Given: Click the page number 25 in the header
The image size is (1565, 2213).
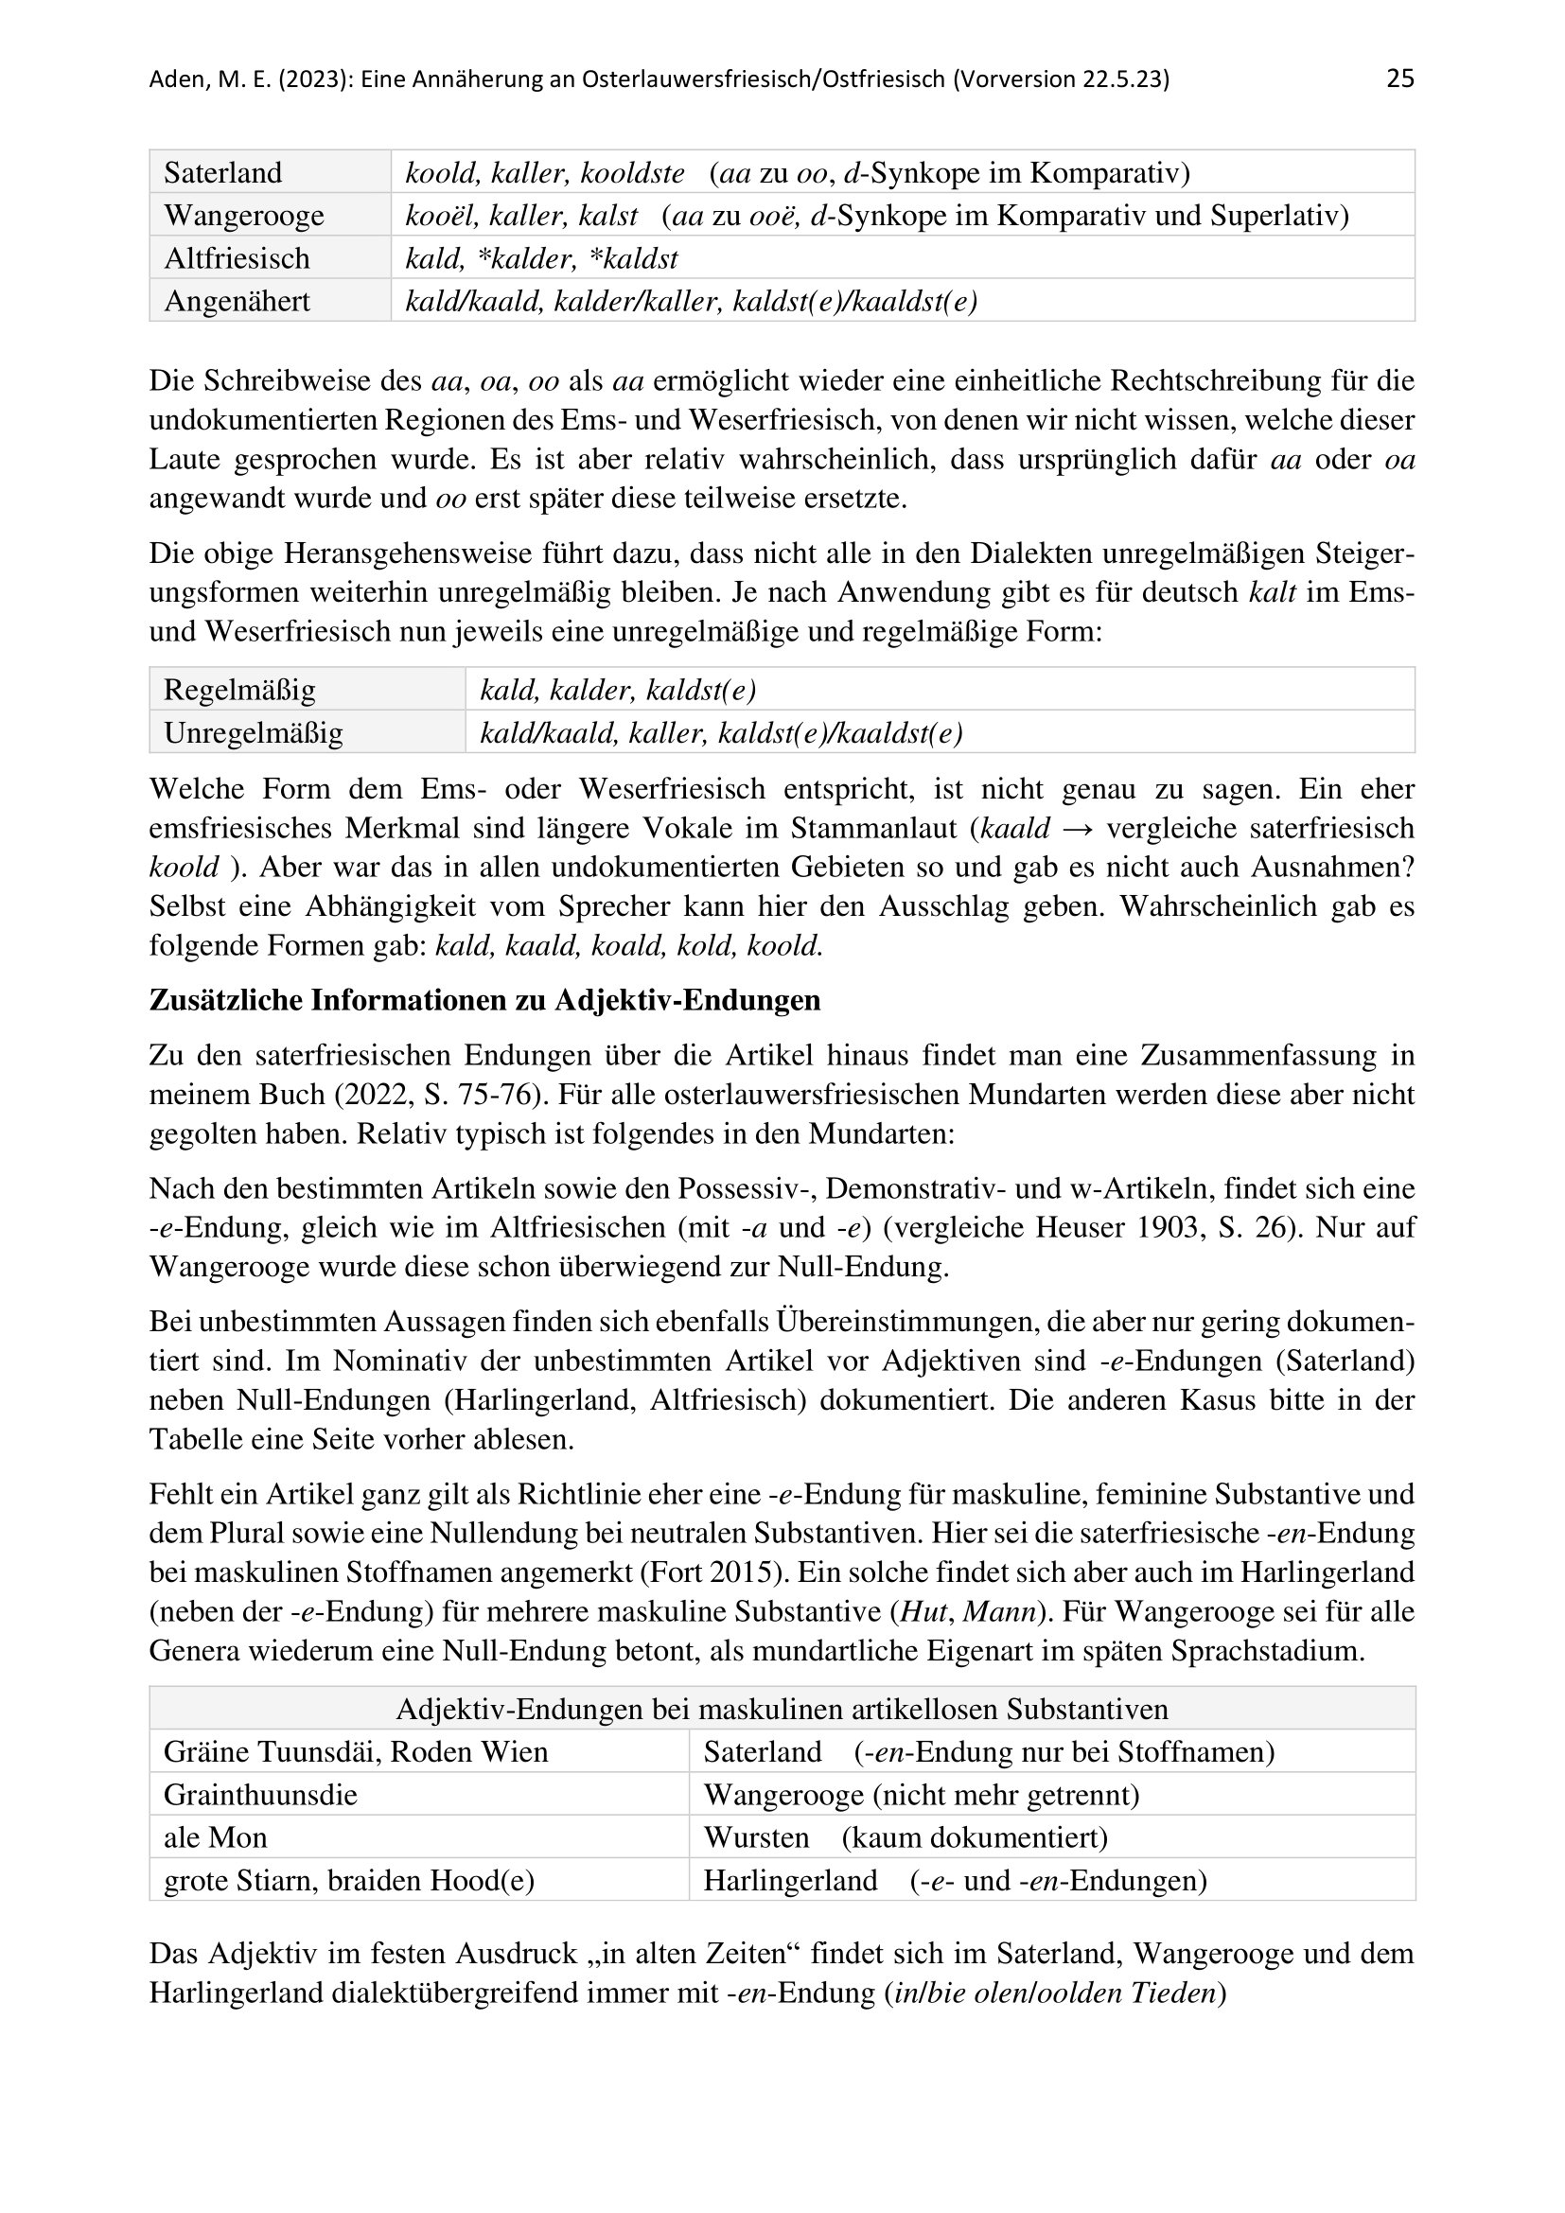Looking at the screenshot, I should click(1399, 79).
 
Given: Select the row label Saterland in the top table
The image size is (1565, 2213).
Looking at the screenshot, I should click(222, 173).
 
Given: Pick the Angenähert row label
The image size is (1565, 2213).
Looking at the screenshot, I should click(237, 302).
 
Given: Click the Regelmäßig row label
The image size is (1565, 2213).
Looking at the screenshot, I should click(239, 690).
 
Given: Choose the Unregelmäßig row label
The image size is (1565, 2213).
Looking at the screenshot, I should click(253, 733).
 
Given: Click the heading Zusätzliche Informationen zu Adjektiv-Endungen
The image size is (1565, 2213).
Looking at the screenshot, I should click(484, 1000).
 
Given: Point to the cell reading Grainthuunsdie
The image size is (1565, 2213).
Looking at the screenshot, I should click(260, 1795).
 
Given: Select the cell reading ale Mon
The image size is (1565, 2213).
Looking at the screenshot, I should click(215, 1837).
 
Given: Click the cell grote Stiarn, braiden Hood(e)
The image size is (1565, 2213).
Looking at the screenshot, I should click(349, 1881).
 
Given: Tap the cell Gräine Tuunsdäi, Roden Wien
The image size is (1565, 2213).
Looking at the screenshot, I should click(356, 1751).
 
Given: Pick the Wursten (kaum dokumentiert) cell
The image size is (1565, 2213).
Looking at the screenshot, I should click(905, 1837).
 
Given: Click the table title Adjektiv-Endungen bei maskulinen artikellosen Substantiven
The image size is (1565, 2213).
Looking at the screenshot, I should click(782, 1709).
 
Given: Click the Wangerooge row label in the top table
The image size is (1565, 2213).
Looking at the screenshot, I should click(244, 216).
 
